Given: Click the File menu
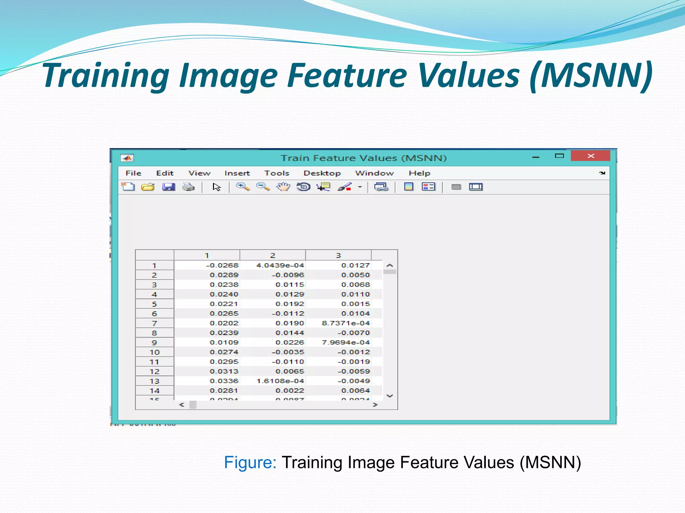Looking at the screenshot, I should [x=133, y=173].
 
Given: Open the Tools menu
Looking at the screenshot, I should [x=277, y=173].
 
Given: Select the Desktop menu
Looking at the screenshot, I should [x=322, y=173].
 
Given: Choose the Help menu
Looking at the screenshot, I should [x=419, y=173].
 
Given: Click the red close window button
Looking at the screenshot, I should [x=591, y=156].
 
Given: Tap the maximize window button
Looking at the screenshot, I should [x=559, y=156].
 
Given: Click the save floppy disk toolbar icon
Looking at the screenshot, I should [x=169, y=187].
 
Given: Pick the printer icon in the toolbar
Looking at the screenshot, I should [x=189, y=187].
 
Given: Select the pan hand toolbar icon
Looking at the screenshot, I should [x=283, y=187].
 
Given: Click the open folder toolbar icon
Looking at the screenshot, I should [x=148, y=187].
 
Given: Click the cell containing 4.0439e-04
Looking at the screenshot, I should [x=280, y=265].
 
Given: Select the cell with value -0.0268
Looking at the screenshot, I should [x=222, y=265].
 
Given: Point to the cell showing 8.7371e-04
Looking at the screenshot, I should [x=346, y=323].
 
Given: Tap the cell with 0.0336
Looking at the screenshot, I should [x=224, y=381].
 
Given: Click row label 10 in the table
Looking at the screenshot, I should [x=155, y=352].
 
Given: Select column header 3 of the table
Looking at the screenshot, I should [x=338, y=255].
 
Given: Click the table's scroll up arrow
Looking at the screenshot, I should [x=390, y=266].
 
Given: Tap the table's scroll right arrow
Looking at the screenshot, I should [x=375, y=405].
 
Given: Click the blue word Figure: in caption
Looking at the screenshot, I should [x=250, y=463].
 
